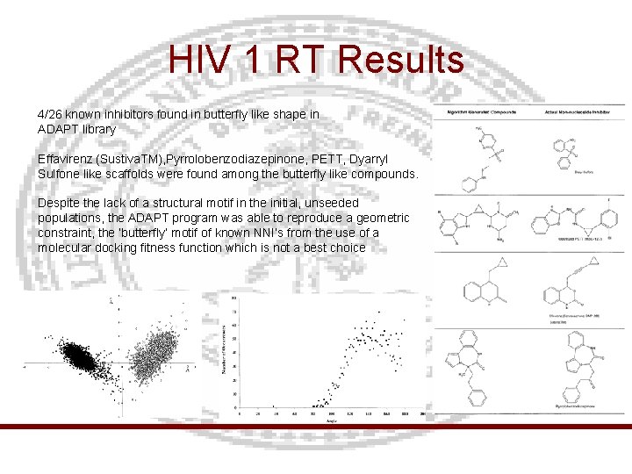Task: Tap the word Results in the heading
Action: click(x=400, y=60)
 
